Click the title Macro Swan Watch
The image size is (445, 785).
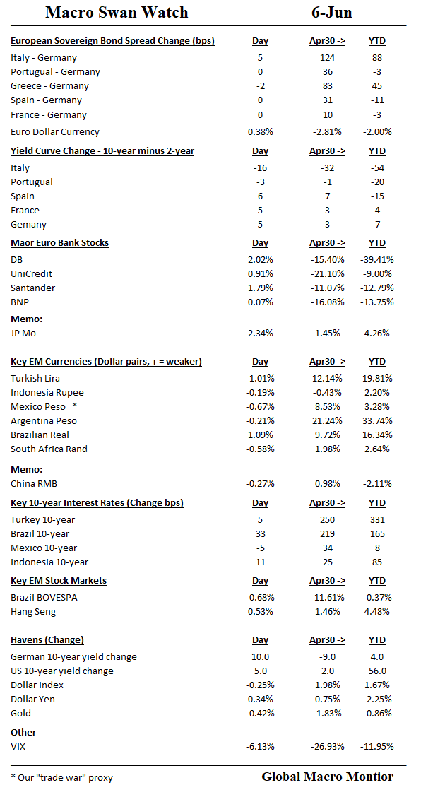point(117,12)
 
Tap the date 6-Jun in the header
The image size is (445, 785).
point(331,12)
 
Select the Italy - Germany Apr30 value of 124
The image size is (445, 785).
point(327,58)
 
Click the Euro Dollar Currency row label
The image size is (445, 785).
point(55,132)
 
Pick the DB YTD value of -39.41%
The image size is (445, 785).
point(377,260)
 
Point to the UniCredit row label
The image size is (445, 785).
point(32,274)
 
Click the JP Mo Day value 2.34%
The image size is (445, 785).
point(260,334)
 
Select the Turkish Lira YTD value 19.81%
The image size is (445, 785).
point(377,379)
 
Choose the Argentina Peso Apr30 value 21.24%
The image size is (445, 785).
point(327,421)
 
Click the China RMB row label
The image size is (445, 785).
point(34,484)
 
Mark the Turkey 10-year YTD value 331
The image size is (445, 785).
point(377,520)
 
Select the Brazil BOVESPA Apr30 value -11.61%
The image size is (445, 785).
point(327,598)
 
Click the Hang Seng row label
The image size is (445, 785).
point(33,612)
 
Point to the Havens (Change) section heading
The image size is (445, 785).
point(47,640)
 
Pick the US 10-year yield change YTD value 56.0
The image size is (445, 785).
point(377,671)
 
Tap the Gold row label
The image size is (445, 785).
point(21,714)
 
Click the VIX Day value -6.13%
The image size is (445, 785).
point(260,747)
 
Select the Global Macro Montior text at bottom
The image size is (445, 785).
point(328,777)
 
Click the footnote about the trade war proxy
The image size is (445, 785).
point(61,777)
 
